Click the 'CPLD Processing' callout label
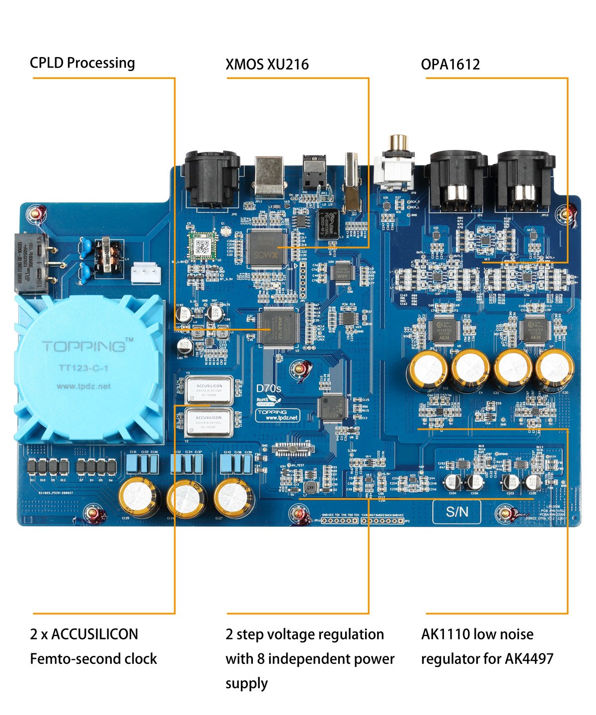(82, 63)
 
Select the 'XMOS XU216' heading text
(267, 65)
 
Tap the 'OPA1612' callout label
(450, 65)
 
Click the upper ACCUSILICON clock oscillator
(209, 390)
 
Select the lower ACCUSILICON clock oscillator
(209, 422)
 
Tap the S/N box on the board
(456, 512)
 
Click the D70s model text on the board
(268, 388)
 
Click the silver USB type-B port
(269, 177)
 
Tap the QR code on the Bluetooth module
(202, 246)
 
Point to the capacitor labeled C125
(139, 496)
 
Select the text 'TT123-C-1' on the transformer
(83, 368)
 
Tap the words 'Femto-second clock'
(93, 659)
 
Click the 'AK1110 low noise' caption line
(477, 634)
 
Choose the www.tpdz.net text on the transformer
(83, 386)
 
